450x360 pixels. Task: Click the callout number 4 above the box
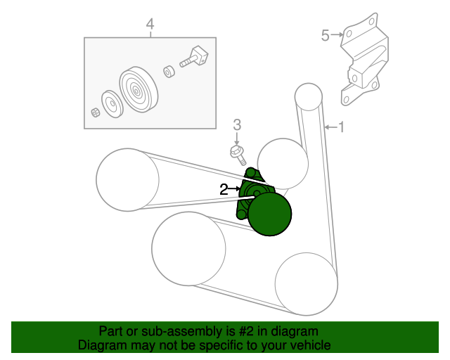[150, 24]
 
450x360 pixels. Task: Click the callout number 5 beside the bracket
[325, 35]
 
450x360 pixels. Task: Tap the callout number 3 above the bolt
[237, 125]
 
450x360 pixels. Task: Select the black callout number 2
[224, 189]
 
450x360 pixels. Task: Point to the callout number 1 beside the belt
[341, 127]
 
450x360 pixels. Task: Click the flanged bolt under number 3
[238, 155]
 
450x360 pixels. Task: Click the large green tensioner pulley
[270, 214]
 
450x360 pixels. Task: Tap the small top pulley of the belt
[309, 97]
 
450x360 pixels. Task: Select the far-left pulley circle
[127, 180]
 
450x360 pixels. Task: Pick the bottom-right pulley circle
[307, 284]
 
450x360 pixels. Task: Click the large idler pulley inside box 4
[139, 89]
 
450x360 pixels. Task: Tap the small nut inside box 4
[96, 112]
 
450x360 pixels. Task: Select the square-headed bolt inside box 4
[194, 57]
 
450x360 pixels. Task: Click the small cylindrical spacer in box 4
[169, 72]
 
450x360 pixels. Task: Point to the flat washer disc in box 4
[112, 104]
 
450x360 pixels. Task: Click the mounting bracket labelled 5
[364, 60]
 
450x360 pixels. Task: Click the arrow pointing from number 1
[330, 127]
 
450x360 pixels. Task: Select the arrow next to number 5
[337, 34]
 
